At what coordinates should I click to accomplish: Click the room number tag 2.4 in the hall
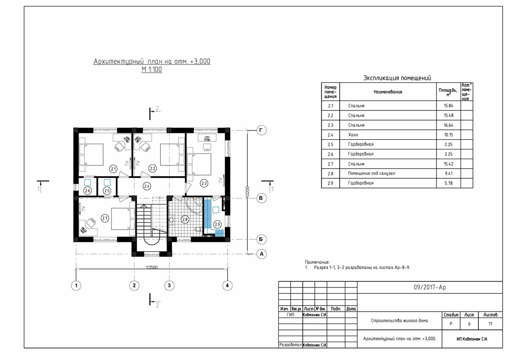tap(147, 186)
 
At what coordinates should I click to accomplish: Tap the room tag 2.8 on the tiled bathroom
tap(185, 219)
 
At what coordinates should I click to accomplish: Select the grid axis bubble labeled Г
tap(261, 130)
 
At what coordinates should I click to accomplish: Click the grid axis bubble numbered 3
tap(169, 286)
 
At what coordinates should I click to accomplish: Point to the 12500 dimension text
tap(151, 267)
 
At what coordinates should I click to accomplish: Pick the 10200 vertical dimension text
tap(247, 192)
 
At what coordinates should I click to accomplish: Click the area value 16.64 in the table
tap(449, 125)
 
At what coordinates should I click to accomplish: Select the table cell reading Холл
tap(353, 135)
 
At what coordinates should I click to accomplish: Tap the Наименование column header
tap(388, 92)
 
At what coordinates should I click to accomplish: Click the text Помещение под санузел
tap(372, 174)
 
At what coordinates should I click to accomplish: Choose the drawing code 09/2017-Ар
tap(430, 287)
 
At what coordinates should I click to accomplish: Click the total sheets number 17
tap(490, 324)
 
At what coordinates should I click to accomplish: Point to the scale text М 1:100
tap(151, 69)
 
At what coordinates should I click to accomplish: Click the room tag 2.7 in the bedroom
tap(104, 219)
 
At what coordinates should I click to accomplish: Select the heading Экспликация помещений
tap(397, 78)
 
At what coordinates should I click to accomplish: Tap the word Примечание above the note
tap(317, 262)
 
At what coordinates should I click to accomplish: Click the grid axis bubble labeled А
tap(261, 254)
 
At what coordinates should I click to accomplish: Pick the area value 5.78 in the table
tap(449, 183)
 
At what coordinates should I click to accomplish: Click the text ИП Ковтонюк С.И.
tap(472, 339)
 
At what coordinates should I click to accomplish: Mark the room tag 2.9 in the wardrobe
tap(217, 225)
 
